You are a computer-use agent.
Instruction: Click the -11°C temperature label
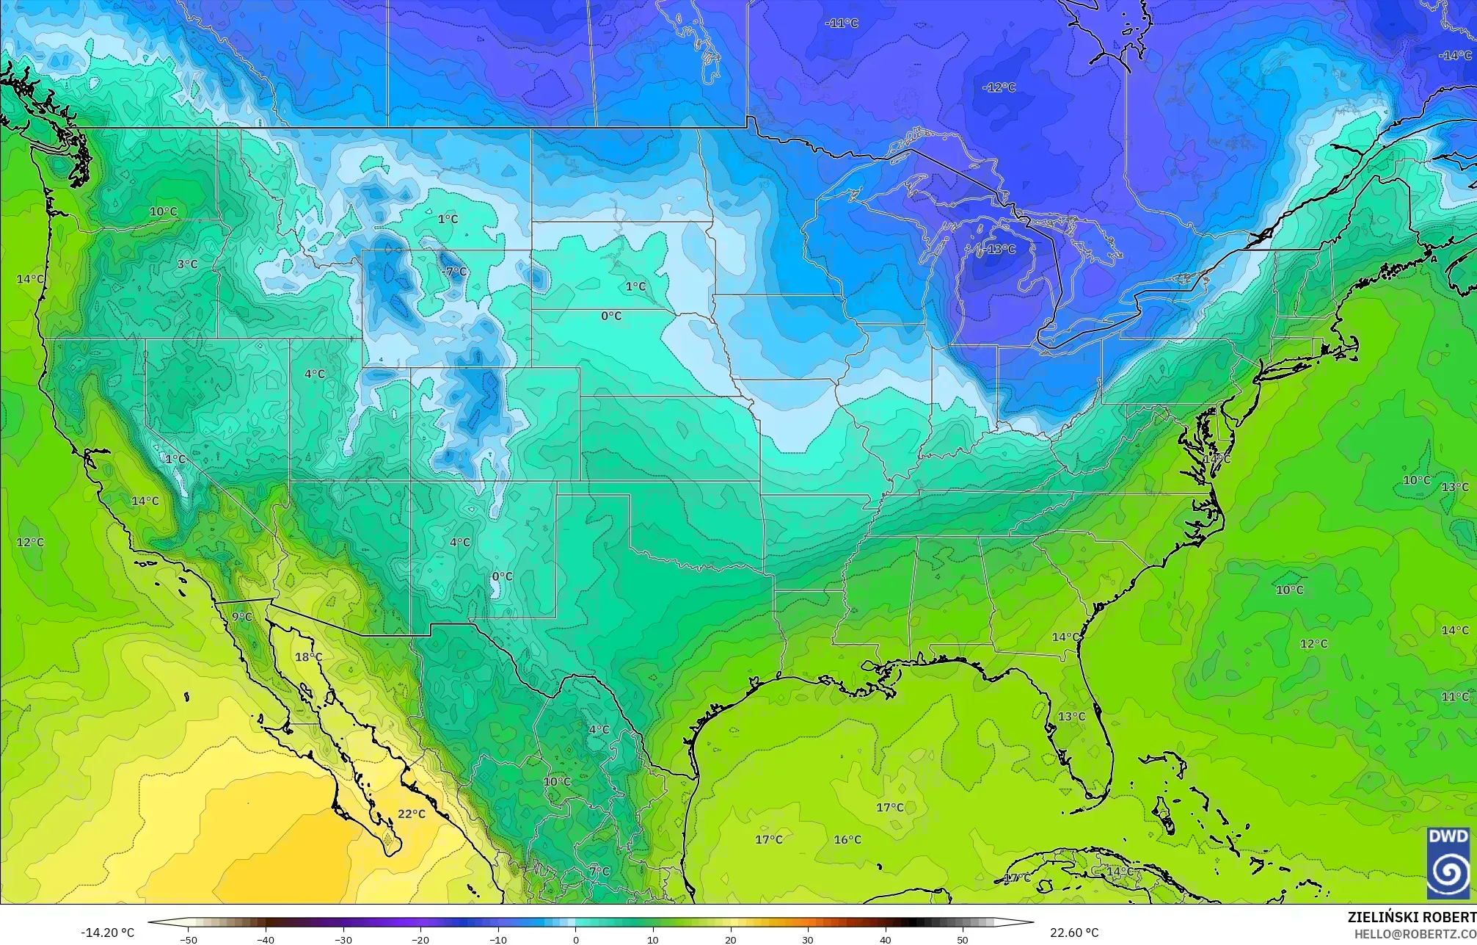coord(841,23)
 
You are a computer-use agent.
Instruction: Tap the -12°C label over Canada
coord(999,87)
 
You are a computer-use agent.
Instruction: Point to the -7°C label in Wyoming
coord(454,272)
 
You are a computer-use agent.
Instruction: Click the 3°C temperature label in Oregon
coord(187,264)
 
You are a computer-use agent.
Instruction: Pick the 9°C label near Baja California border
coord(242,617)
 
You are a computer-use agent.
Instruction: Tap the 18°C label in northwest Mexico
coord(308,657)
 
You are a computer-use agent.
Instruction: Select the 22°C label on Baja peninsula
coord(412,814)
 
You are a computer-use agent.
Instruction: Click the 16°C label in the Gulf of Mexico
coord(847,839)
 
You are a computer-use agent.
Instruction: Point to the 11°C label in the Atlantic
coord(1455,697)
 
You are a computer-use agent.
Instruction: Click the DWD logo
coord(1448,863)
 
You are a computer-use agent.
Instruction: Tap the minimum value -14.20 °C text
coord(107,933)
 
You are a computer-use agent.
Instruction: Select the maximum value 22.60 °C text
coord(1074,933)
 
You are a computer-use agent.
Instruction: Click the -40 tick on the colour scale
coord(266,940)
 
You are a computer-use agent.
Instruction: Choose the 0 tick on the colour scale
coord(576,940)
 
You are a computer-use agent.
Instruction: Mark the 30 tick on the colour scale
coord(808,940)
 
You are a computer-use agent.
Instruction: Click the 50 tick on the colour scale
coord(963,940)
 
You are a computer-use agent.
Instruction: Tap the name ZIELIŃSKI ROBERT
coord(1412,917)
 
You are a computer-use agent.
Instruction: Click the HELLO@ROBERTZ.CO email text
coord(1415,934)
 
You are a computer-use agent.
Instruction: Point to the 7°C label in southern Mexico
coord(599,872)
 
